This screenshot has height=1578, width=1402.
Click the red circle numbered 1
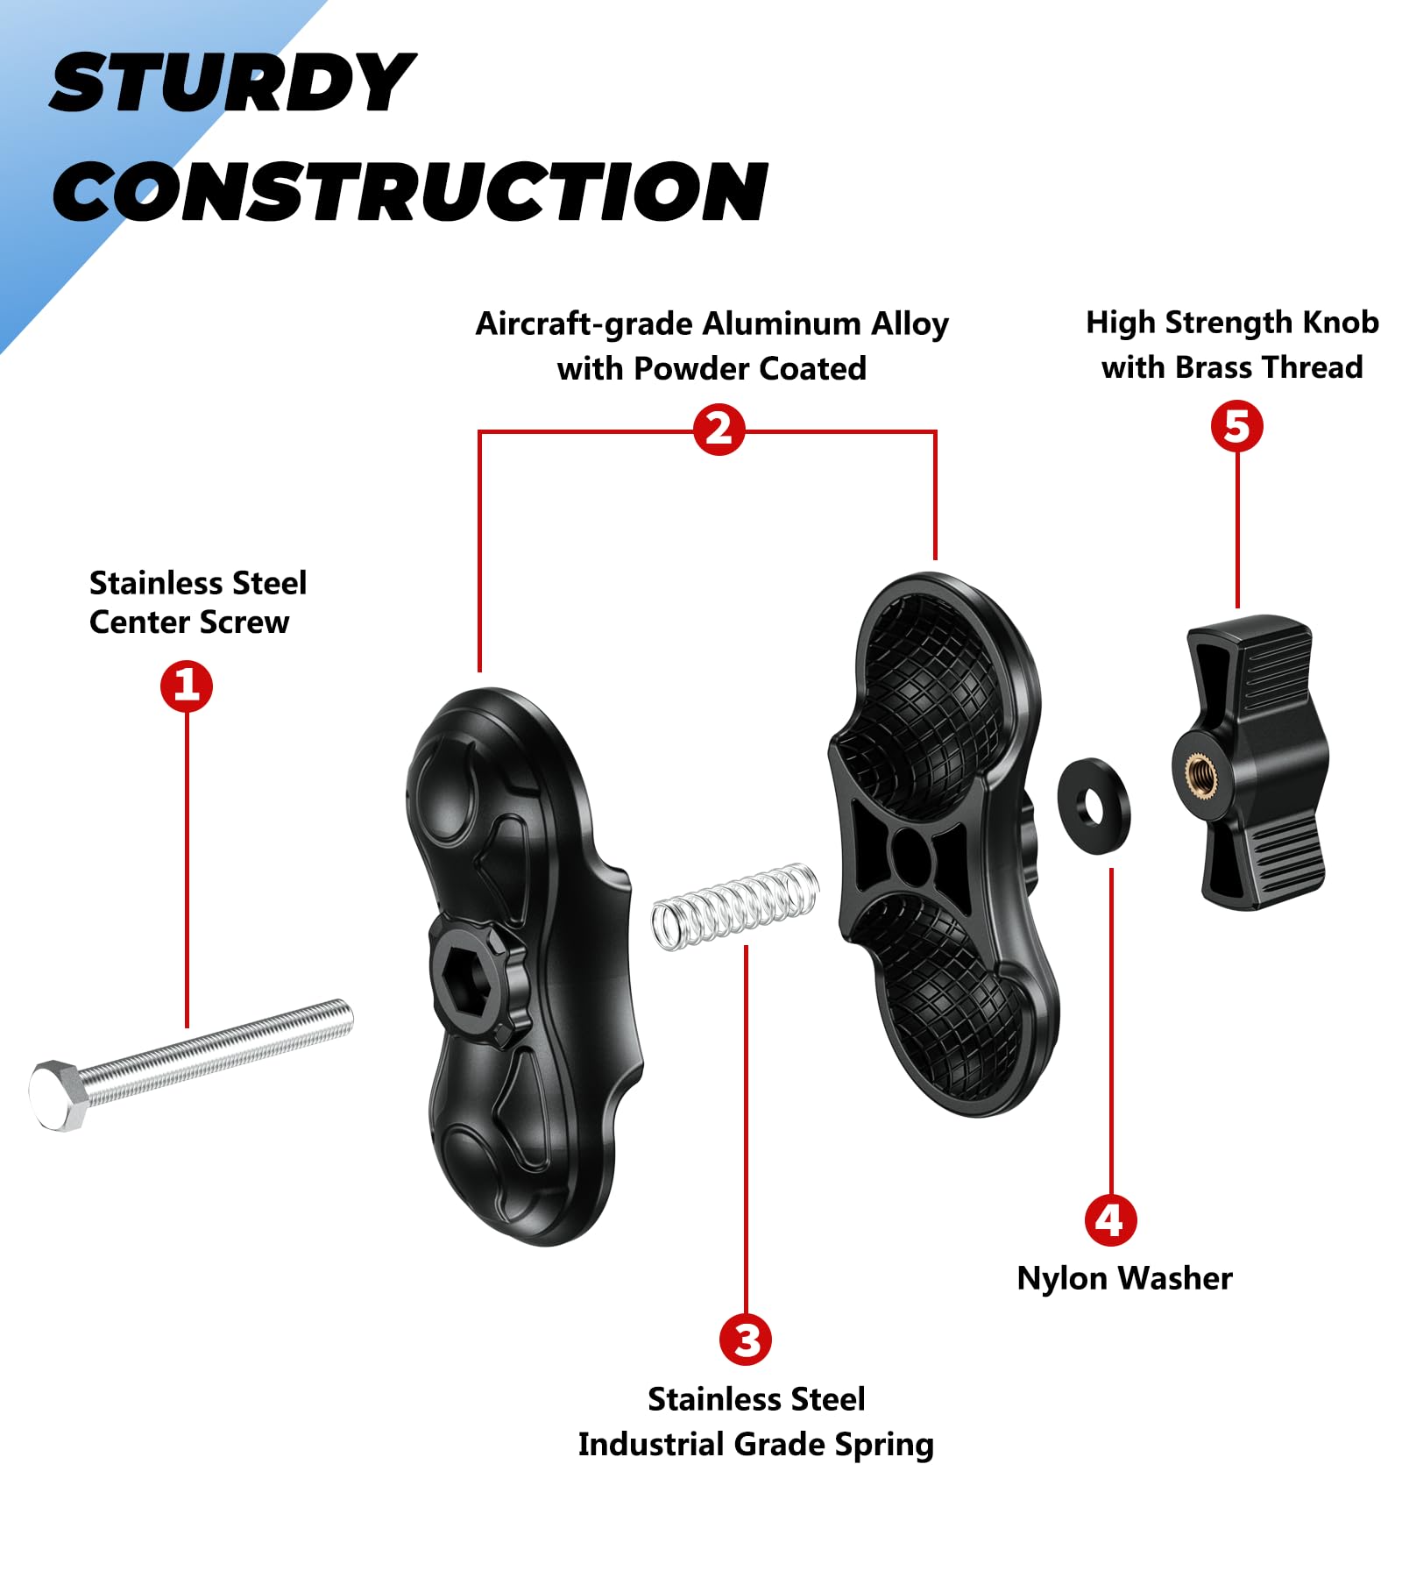(187, 686)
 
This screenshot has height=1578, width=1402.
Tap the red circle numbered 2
(719, 430)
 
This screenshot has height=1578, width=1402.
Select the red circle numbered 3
(746, 1339)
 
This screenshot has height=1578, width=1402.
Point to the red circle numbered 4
(1110, 1219)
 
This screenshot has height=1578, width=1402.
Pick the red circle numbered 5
(1236, 427)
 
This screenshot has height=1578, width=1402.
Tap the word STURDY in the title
(232, 83)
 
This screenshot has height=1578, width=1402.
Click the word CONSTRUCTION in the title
(410, 191)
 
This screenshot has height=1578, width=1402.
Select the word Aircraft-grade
(584, 323)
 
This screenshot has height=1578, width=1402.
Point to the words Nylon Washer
(1124, 1278)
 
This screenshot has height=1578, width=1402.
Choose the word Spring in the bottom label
(883, 1444)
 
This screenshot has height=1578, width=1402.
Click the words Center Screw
(189, 622)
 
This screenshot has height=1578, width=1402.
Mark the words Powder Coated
(749, 368)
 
